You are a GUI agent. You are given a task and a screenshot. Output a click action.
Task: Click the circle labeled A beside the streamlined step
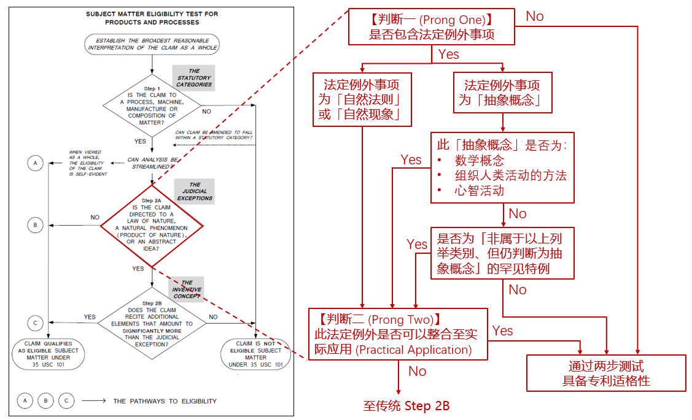pos(36,163)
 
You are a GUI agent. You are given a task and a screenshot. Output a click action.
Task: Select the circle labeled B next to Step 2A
pos(36,225)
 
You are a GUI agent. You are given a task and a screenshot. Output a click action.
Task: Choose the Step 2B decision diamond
pos(152,323)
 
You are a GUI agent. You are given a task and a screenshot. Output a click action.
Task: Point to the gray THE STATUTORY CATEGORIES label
pos(194,78)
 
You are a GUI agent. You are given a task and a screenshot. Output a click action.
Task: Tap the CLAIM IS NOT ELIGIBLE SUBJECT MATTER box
pos(255,354)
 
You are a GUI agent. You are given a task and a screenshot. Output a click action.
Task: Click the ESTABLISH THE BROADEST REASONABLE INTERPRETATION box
pos(152,44)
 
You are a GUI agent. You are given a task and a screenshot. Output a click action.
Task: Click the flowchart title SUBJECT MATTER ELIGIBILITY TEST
pos(152,18)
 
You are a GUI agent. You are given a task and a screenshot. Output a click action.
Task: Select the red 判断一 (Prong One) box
pos(432,27)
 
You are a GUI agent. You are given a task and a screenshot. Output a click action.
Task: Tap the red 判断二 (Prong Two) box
pos(397,334)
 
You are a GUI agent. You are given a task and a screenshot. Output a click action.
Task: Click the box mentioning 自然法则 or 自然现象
pos(362,100)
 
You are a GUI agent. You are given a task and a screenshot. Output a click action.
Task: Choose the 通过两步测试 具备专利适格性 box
pos(606,373)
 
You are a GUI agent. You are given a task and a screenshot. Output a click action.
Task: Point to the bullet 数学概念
pos(480,161)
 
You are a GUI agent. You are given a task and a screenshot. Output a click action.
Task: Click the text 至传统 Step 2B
pos(406,406)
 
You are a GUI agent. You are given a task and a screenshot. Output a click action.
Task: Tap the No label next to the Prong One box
pos(535,17)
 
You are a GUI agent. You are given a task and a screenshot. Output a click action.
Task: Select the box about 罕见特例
pos(502,253)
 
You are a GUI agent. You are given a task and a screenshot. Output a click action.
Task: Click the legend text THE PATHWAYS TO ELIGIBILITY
pos(165,401)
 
